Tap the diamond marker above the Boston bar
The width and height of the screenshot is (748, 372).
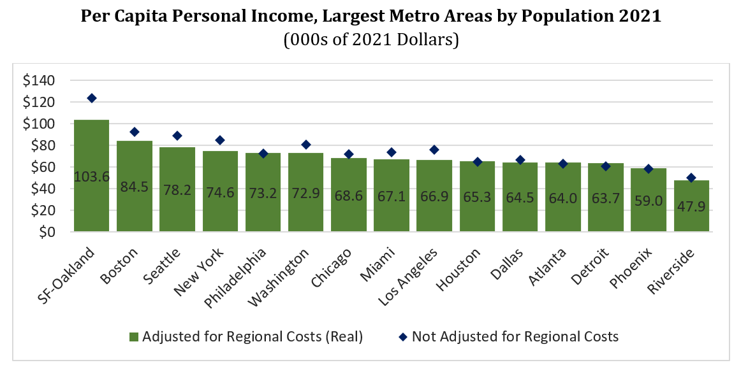[x=134, y=132]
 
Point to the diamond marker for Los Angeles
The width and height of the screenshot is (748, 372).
[x=434, y=150]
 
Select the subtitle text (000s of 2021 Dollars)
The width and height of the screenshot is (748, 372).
[x=371, y=39]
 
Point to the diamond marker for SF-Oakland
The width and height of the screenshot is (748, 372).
[x=92, y=98]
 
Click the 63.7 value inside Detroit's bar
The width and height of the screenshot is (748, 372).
[x=605, y=198]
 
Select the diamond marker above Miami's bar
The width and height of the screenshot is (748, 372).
[x=392, y=152]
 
